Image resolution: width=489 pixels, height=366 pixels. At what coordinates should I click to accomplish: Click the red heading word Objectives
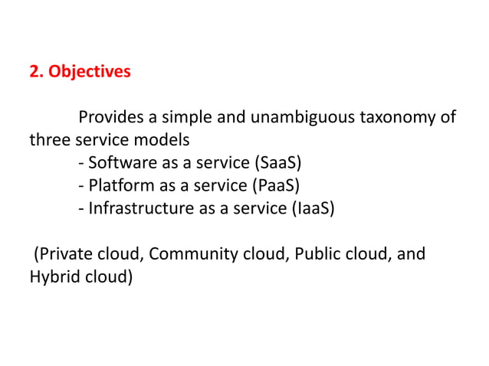[x=90, y=73]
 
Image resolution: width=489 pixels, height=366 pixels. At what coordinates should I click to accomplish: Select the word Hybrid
[x=51, y=275]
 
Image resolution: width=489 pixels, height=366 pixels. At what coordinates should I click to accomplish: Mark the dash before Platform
[x=81, y=186]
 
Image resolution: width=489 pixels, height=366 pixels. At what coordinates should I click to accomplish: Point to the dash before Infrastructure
[x=81, y=208]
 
